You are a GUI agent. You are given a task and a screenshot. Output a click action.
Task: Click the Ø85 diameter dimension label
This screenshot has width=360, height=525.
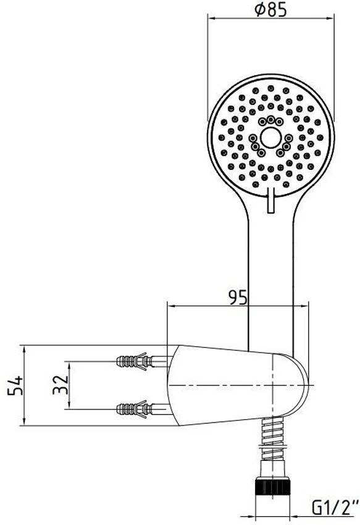pos(270,9)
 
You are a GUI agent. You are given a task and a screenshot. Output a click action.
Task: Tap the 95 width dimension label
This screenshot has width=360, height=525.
pos(238,296)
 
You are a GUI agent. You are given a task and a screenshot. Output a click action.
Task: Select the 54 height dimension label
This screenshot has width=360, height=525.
pos(15,385)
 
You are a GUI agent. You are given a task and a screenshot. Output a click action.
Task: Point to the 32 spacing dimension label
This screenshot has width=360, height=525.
pos(61,385)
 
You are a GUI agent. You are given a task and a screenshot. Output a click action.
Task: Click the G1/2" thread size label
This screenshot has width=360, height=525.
pos(333,509)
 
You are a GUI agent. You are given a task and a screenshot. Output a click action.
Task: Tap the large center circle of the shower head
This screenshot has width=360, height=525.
pos(270,138)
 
